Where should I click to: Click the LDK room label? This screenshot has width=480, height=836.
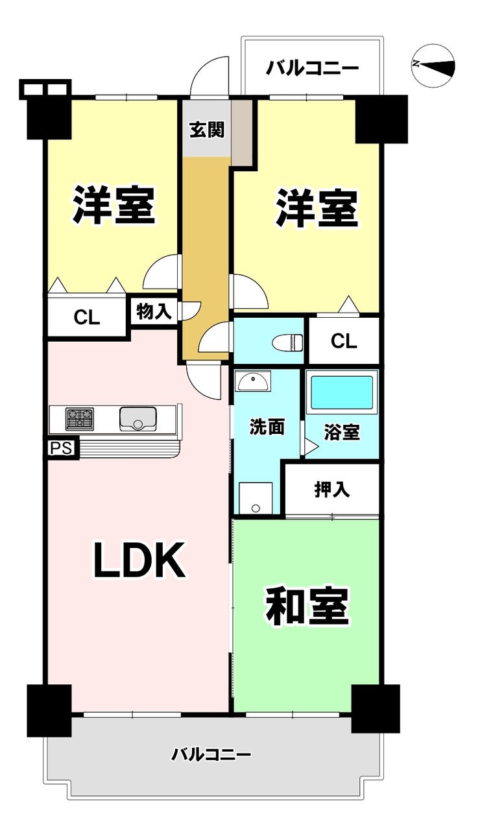[x=139, y=560]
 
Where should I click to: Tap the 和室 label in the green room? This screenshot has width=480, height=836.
[x=307, y=606]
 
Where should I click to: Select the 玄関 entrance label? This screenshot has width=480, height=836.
[x=206, y=130]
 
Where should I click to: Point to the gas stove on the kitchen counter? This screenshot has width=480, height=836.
[x=79, y=419]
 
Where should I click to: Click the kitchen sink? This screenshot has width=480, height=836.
[x=138, y=419]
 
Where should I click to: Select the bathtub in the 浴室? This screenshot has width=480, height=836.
[x=342, y=393]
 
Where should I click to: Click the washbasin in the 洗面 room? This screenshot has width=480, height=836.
[x=254, y=381]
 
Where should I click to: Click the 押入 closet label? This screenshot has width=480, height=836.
[x=332, y=490]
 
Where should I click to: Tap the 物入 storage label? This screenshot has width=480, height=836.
[x=154, y=312]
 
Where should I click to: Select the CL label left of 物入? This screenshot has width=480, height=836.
[x=86, y=318]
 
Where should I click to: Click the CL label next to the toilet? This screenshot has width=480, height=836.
[x=344, y=341]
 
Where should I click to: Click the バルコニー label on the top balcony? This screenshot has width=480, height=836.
[x=312, y=68]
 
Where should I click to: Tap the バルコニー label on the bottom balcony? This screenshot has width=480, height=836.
[x=211, y=755]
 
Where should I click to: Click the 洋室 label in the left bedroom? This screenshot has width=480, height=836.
[x=114, y=205]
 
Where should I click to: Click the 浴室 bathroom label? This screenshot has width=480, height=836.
[x=342, y=433]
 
